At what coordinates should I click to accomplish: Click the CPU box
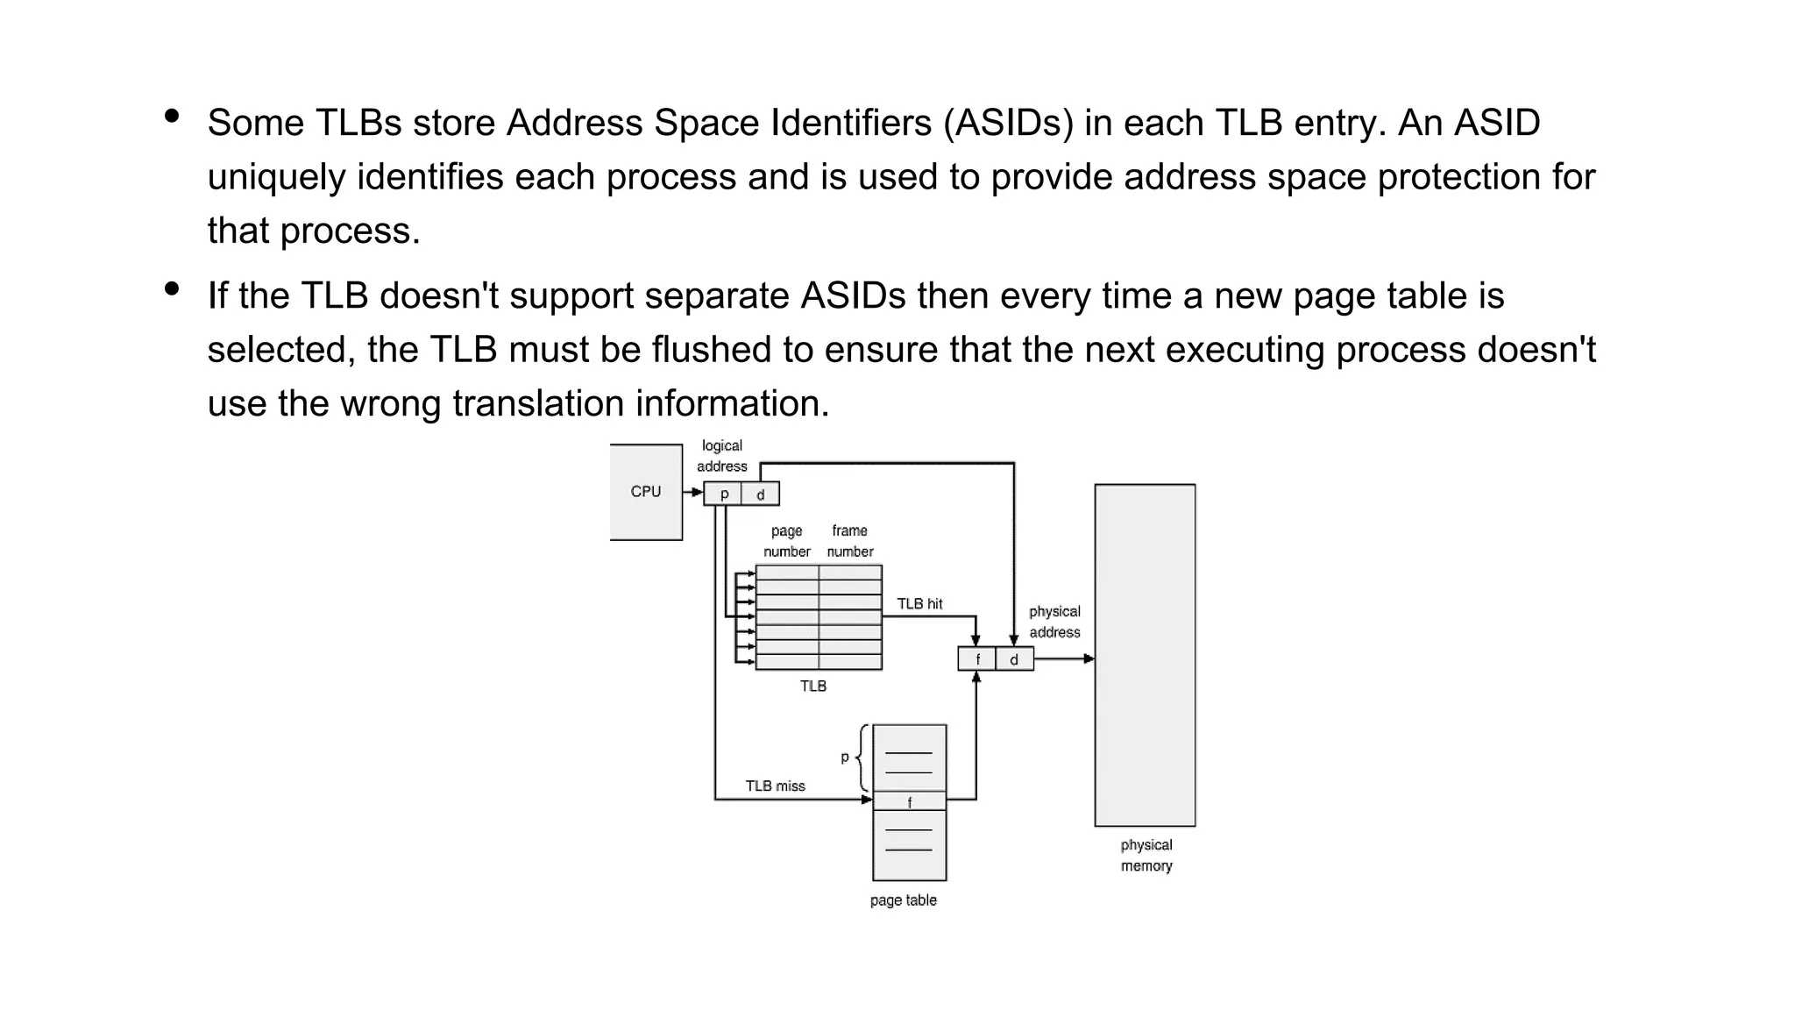point(646,492)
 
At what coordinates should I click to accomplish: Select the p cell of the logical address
point(723,494)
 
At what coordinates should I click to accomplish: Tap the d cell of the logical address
point(760,494)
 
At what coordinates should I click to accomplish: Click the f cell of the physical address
point(977,659)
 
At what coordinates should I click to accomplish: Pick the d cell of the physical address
point(1014,659)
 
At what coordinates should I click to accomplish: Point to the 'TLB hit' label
point(919,604)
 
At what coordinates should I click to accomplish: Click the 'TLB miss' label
point(775,786)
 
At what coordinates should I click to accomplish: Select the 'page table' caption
point(903,900)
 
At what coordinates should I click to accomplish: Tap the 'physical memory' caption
point(1146,856)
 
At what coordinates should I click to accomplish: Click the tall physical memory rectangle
point(1145,655)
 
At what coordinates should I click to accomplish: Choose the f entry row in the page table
point(910,801)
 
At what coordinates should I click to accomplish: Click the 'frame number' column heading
point(850,541)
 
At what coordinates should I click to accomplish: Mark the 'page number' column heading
point(786,541)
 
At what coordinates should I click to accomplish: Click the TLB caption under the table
point(812,686)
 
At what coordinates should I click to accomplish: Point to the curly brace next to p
point(862,757)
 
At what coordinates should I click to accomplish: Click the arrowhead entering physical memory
point(1089,658)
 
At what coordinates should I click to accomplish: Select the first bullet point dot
point(172,116)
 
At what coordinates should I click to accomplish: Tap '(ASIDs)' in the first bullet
point(1008,123)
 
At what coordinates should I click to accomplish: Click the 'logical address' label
point(721,456)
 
